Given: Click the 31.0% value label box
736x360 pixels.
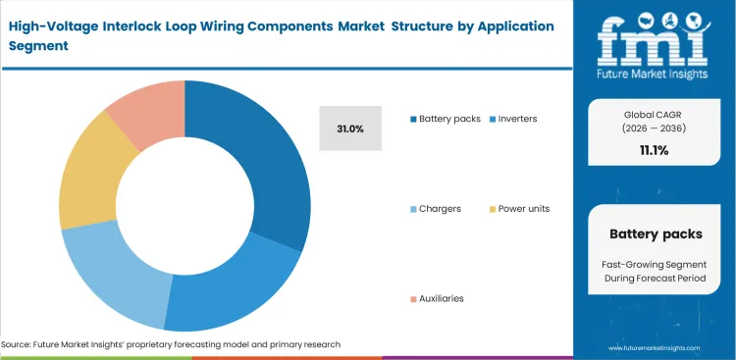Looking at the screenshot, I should click(x=350, y=129).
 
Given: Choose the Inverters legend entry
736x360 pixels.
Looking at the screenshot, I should click(x=515, y=119).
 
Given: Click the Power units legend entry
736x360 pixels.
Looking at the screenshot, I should click(x=519, y=208).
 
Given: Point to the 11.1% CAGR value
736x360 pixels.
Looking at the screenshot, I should click(x=654, y=150).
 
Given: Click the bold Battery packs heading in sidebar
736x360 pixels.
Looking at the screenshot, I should click(x=654, y=234).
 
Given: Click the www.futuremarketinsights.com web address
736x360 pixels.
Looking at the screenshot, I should click(x=654, y=348).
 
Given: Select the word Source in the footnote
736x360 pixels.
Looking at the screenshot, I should click(x=19, y=344).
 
